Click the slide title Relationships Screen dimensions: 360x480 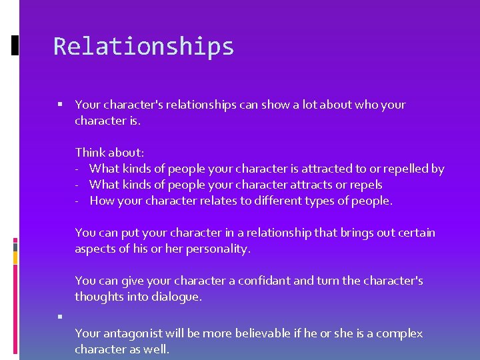coord(143,47)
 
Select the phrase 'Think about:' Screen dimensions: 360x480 coord(109,153)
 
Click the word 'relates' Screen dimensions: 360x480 coord(230,201)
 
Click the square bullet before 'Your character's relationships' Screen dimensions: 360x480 coord(60,105)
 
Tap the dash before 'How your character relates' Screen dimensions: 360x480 coord(78,201)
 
